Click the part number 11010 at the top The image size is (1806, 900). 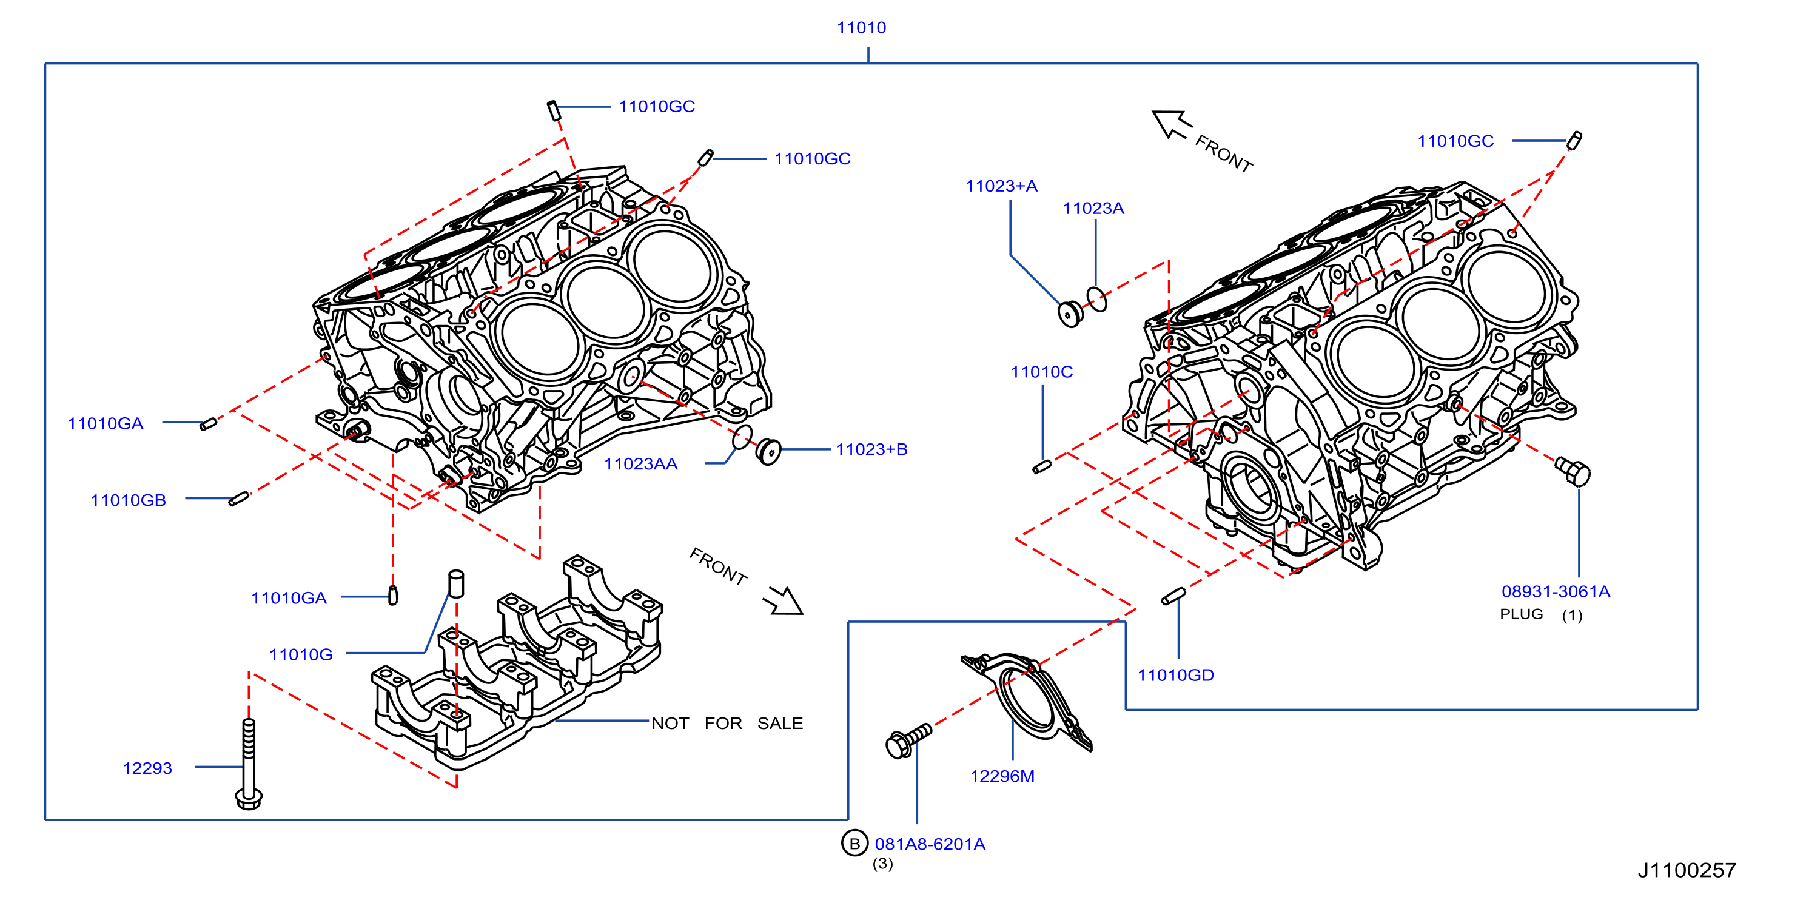[x=861, y=28]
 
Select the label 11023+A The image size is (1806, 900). [x=1001, y=186]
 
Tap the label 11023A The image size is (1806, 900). [x=1093, y=209]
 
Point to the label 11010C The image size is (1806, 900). [x=1041, y=372]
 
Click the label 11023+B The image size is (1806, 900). [x=871, y=449]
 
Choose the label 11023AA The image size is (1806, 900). [x=641, y=464]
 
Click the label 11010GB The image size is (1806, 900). [x=129, y=500]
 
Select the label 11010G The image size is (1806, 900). [x=301, y=654]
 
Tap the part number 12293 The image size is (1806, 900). [x=147, y=768]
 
